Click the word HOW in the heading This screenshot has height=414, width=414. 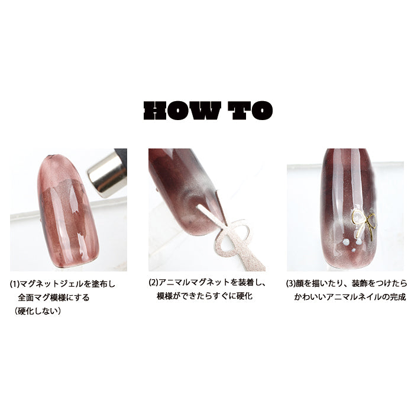(x=182, y=111)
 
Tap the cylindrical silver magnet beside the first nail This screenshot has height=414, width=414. (x=108, y=173)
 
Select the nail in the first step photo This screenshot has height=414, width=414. (x=68, y=211)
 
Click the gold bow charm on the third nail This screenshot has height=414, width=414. (x=363, y=224)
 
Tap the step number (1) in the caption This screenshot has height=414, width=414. (x=15, y=284)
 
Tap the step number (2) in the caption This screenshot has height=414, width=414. (x=153, y=282)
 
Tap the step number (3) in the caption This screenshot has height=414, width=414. (x=291, y=283)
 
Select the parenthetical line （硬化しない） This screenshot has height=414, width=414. (x=38, y=311)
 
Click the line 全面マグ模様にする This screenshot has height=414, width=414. (x=54, y=297)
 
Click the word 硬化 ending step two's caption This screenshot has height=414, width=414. (x=245, y=296)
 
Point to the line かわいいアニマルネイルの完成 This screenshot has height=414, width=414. (x=350, y=297)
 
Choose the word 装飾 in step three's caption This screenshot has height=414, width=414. (x=360, y=283)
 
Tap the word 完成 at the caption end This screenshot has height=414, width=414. (x=398, y=297)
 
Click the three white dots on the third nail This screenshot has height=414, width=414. (x=351, y=244)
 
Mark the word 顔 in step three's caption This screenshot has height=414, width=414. (x=300, y=283)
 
